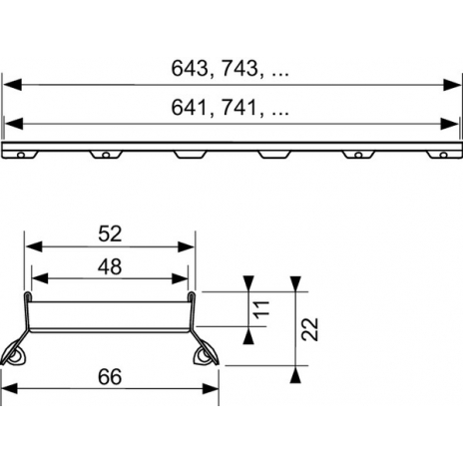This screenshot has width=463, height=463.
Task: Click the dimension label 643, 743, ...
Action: tap(230, 69)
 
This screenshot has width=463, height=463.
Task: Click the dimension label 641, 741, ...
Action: tap(230, 108)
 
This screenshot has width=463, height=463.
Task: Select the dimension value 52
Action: tap(110, 233)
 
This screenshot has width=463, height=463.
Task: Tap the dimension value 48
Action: tap(110, 266)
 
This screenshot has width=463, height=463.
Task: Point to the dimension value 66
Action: tap(110, 377)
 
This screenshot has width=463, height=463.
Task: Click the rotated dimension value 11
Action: tap(261, 309)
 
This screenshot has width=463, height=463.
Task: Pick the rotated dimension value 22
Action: tap(310, 329)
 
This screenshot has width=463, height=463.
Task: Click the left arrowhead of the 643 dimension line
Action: tap(12, 85)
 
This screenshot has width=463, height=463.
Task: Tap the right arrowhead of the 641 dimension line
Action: tap(449, 124)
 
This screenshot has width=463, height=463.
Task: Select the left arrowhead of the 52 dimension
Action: tap(34, 246)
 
